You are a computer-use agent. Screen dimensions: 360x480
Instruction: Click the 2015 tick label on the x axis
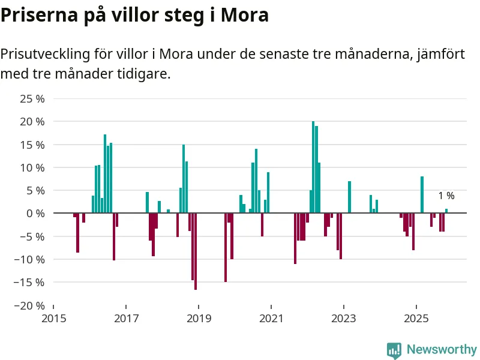click(53, 317)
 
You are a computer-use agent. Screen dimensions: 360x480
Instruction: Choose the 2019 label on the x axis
click(199, 317)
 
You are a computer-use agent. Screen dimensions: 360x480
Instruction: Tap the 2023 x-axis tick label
click(344, 317)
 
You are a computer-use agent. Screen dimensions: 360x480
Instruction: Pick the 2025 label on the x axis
click(416, 317)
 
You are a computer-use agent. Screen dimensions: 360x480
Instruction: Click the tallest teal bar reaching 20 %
click(313, 167)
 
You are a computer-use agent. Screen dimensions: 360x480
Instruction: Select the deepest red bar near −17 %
click(196, 251)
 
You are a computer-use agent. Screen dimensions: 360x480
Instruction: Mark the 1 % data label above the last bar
click(446, 196)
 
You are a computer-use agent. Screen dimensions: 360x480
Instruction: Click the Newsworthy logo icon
click(394, 350)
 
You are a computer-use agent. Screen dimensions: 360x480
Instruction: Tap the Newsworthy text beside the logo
click(442, 349)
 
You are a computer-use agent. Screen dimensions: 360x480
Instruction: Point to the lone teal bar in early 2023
click(349, 197)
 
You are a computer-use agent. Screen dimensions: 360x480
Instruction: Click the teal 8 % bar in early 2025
click(422, 194)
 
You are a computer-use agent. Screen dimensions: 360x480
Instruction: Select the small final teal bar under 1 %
click(446, 211)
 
